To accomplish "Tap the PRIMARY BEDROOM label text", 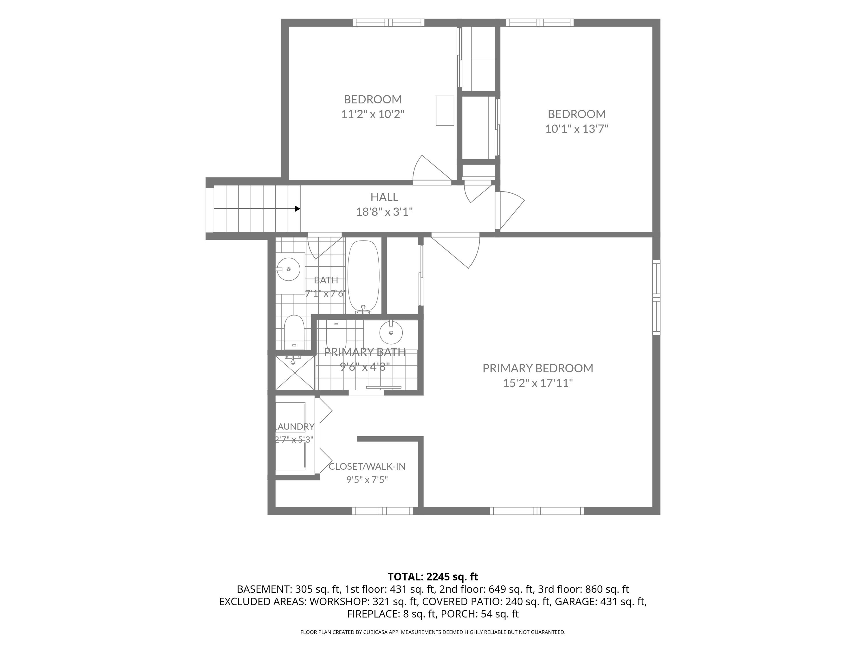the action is (537, 368).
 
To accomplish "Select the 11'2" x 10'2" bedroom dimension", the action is (373, 114).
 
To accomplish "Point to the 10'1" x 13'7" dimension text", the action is (577, 129).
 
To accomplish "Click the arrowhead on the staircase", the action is (298, 209).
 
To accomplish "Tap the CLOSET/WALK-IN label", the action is (367, 466).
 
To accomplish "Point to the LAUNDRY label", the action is (295, 426).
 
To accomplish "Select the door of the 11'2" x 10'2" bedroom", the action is (432, 170).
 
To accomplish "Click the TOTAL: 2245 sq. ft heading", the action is (433, 577).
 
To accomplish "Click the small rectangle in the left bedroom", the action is (445, 111).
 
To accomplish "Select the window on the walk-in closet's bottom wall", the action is (382, 511).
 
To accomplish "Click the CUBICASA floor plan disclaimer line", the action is (433, 632).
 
